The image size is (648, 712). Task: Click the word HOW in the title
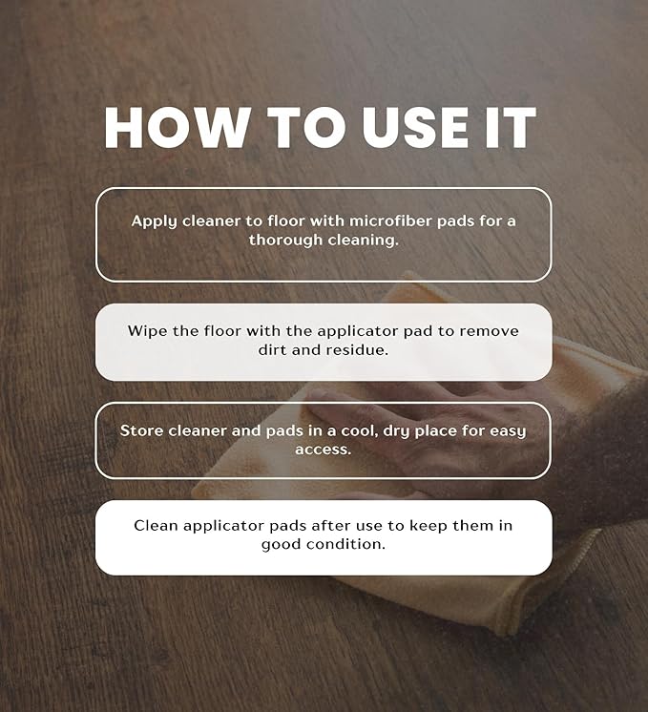(x=178, y=128)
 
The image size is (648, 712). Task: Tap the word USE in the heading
(x=415, y=128)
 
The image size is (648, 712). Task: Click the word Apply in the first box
(x=154, y=221)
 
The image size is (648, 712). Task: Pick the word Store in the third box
(x=141, y=430)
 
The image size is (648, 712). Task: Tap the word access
(x=324, y=450)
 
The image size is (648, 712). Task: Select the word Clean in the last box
(x=156, y=525)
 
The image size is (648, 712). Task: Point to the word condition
(x=345, y=544)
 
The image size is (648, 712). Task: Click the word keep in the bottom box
(x=429, y=526)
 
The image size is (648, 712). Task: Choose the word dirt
(x=272, y=349)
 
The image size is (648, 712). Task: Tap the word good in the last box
(x=282, y=544)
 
